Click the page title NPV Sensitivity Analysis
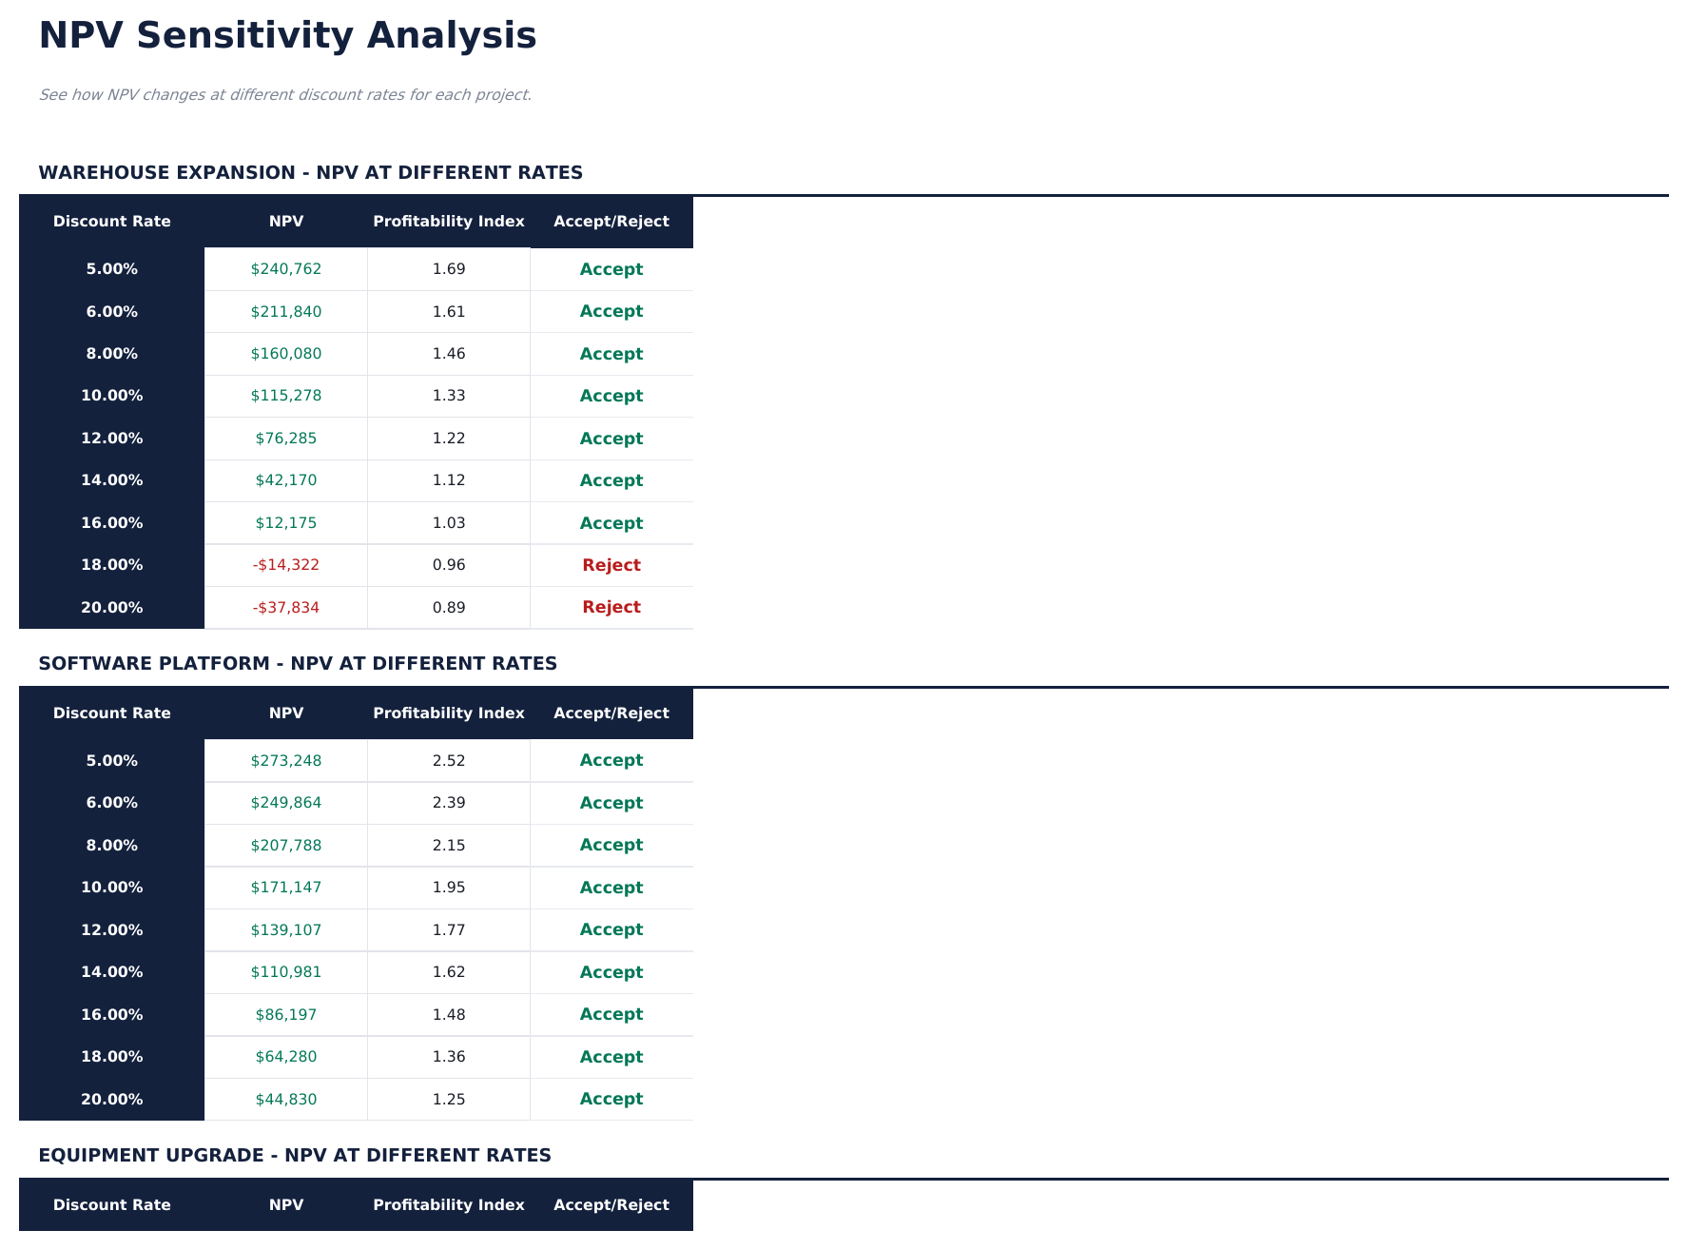tap(287, 36)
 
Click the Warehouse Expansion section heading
tap(310, 173)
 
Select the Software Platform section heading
tap(298, 664)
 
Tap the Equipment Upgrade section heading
tap(295, 1156)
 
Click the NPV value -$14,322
tap(286, 565)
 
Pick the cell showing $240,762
tap(286, 269)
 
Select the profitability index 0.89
tap(449, 608)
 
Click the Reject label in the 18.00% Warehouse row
tap(611, 565)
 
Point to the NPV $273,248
tap(286, 761)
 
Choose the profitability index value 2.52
tap(449, 761)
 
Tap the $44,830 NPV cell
tap(286, 1100)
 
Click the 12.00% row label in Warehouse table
tap(112, 439)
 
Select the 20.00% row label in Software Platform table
tap(112, 1100)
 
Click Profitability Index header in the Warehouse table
tap(449, 222)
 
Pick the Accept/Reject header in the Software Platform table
tap(611, 713)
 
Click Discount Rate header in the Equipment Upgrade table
tap(112, 1205)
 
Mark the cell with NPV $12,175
tap(286, 523)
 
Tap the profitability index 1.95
tap(449, 888)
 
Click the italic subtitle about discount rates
tap(285, 95)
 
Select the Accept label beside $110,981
tap(611, 972)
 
